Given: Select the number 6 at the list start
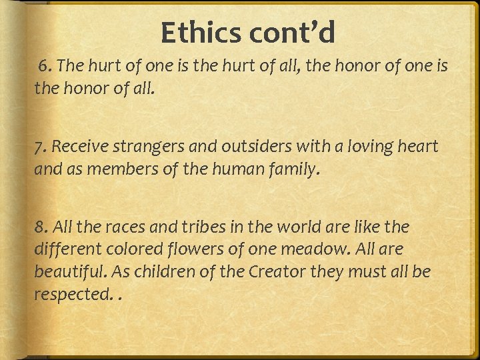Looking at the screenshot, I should pyautogui.click(x=44, y=66).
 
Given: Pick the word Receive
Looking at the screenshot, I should pyautogui.click(x=81, y=147).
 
